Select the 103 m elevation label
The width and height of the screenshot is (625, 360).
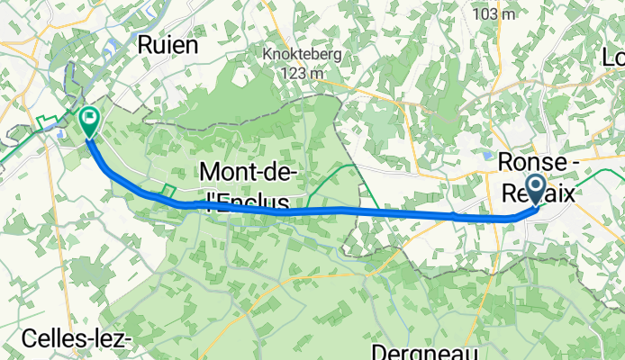point(494,14)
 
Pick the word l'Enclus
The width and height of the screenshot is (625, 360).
point(245,200)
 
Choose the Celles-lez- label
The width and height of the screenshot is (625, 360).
point(67,340)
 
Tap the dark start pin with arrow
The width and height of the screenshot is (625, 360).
point(534,188)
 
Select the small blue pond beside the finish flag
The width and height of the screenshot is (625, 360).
point(59,134)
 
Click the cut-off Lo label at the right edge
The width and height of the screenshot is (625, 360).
point(614,60)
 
